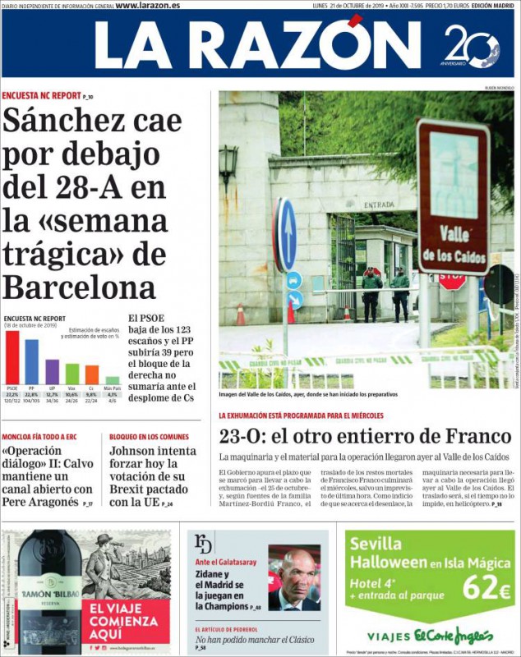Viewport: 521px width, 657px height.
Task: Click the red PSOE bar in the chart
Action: (12, 357)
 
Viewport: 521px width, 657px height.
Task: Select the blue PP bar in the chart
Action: (32, 362)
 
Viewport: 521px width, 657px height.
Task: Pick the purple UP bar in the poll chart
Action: (52, 371)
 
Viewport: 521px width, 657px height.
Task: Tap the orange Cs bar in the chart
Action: (92, 374)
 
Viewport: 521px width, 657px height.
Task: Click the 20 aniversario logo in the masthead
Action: (471, 45)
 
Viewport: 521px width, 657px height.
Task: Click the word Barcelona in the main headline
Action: (79, 287)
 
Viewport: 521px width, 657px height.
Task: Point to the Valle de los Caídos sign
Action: (453, 196)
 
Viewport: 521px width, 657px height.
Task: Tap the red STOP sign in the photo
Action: (452, 280)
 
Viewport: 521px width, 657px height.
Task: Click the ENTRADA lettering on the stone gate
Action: (379, 204)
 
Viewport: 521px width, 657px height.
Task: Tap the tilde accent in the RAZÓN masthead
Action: (355, 21)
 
